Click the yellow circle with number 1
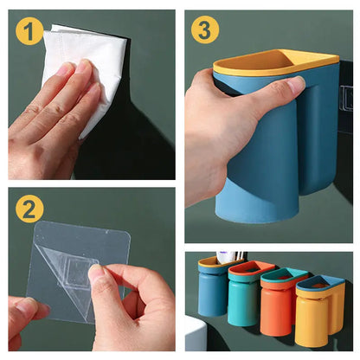[x=29, y=31]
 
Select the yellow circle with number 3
[x=205, y=30]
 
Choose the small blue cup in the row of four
[x=212, y=290]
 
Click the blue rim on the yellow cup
[x=321, y=283]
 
